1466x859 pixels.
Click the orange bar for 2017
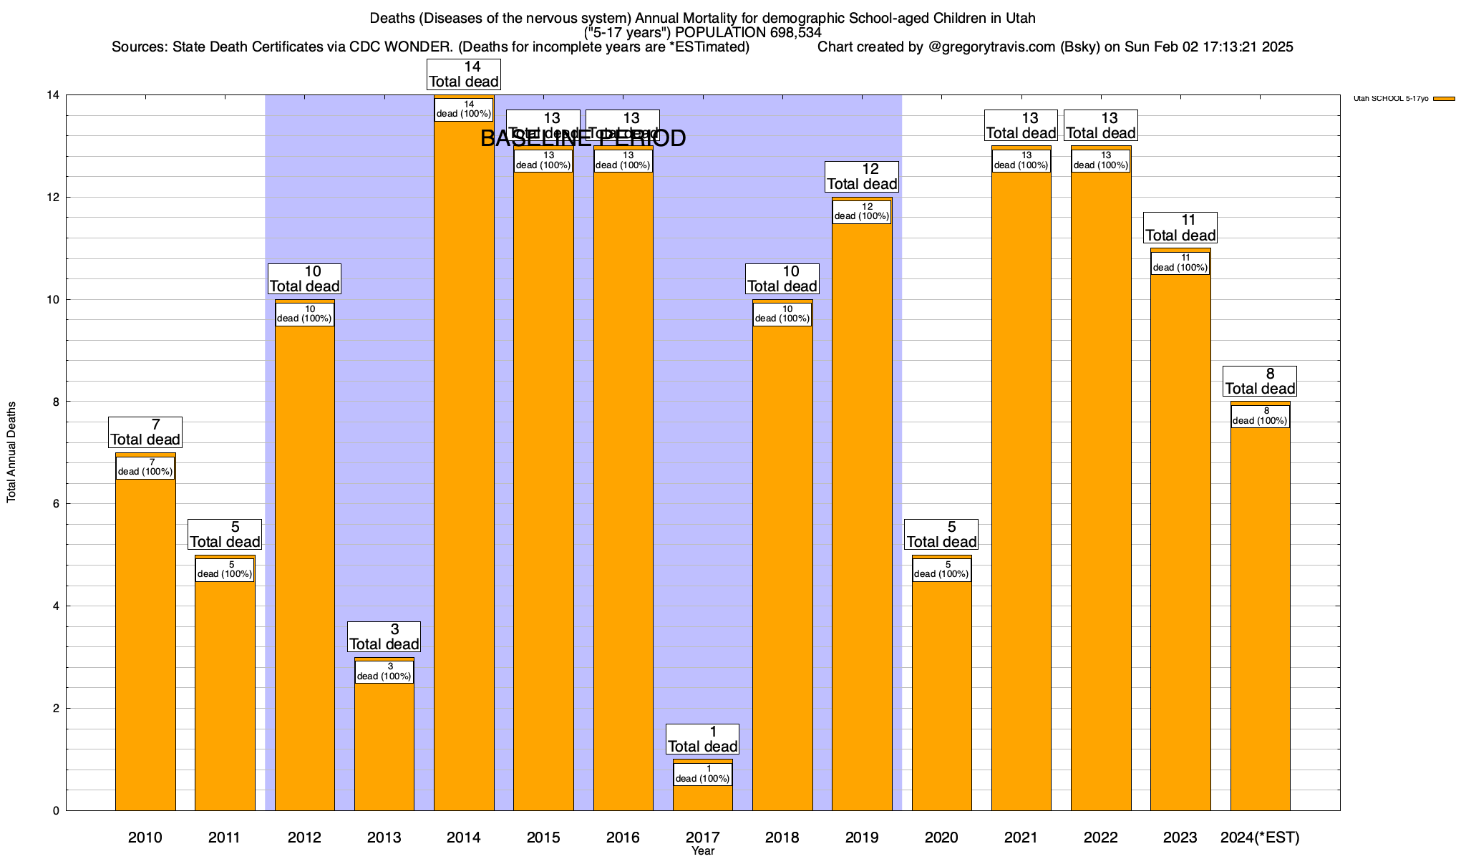pyautogui.click(x=702, y=797)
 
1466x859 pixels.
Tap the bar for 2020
pyautogui.click(x=941, y=694)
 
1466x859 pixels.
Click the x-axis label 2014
pyautogui.click(x=463, y=837)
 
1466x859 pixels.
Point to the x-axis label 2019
pyautogui.click(x=862, y=837)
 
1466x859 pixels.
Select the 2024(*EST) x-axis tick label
pyautogui.click(x=1260, y=837)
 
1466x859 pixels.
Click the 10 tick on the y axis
pyautogui.click(x=53, y=299)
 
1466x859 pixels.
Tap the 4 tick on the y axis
pyautogui.click(x=56, y=606)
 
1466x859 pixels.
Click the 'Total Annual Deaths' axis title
pyautogui.click(x=11, y=452)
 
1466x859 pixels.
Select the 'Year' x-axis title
pyautogui.click(x=703, y=851)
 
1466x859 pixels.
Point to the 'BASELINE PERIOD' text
pyautogui.click(x=583, y=138)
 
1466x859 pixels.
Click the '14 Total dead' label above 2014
pyautogui.click(x=463, y=74)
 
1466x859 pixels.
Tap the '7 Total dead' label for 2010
pyautogui.click(x=145, y=432)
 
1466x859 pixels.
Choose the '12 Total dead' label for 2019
pyautogui.click(x=862, y=177)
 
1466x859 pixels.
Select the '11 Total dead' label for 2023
pyautogui.click(x=1180, y=228)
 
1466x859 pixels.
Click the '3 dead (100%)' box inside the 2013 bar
pyautogui.click(x=384, y=671)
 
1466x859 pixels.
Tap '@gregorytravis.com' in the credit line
pyautogui.click(x=991, y=47)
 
